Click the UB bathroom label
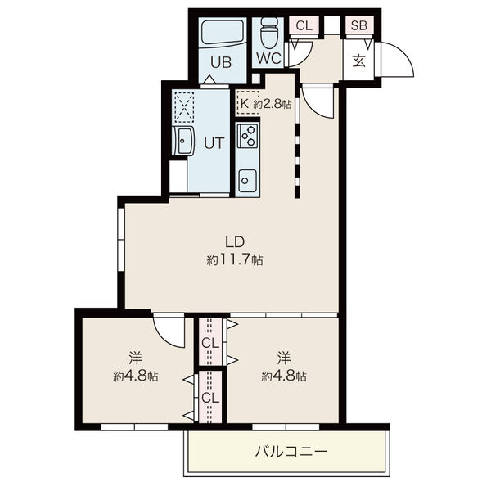point(220,61)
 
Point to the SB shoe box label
point(358,25)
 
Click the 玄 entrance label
point(359,60)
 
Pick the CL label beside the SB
point(304,25)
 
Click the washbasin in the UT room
point(183,141)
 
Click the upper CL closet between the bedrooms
point(210,342)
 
